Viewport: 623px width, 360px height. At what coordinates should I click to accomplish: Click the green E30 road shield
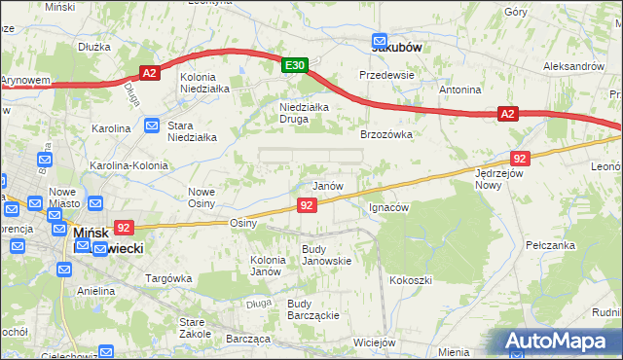[x=295, y=65]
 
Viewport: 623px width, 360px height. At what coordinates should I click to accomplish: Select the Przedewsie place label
[x=386, y=75]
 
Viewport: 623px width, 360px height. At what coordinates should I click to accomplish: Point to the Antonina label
[x=459, y=90]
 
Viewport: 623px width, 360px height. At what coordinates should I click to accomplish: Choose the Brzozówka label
[x=386, y=135]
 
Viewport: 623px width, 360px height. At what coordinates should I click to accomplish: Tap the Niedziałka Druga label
[x=305, y=113]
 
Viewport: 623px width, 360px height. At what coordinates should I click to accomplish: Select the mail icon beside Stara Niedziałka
[x=152, y=126]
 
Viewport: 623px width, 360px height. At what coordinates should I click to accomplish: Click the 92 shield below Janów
[x=307, y=204]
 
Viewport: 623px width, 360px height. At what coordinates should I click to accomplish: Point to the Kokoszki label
[x=410, y=280]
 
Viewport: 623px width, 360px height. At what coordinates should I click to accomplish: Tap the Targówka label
[x=166, y=278]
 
